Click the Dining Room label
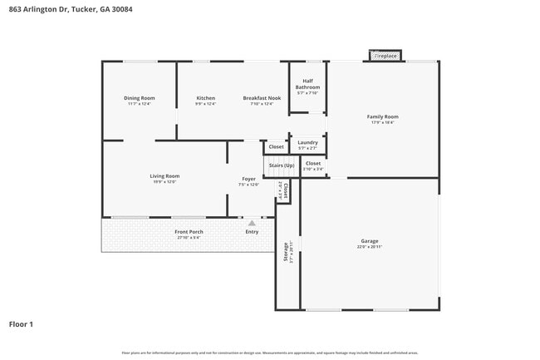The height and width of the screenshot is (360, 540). pyautogui.click(x=140, y=98)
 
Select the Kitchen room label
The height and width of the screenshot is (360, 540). pyautogui.click(x=205, y=98)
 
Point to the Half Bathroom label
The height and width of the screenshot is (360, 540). pyautogui.click(x=307, y=84)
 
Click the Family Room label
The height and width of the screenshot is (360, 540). pyautogui.click(x=383, y=116)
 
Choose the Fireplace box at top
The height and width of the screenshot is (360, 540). pyautogui.click(x=385, y=56)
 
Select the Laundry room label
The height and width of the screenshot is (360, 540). pyautogui.click(x=307, y=142)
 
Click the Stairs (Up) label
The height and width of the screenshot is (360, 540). pyautogui.click(x=280, y=165)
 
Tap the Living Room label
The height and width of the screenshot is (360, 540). pyautogui.click(x=164, y=176)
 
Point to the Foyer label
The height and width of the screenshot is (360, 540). pyautogui.click(x=248, y=179)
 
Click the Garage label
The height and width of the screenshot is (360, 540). pyautogui.click(x=370, y=242)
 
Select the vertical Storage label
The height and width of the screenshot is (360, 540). pyautogui.click(x=287, y=251)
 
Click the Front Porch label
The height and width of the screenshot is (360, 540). pyautogui.click(x=189, y=232)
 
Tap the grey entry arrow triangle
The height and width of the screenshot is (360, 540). pyautogui.click(x=252, y=223)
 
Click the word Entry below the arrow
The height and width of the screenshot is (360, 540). pyautogui.click(x=252, y=232)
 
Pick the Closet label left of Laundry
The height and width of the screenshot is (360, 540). pyautogui.click(x=276, y=147)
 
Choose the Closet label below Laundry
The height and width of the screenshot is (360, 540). pyautogui.click(x=312, y=164)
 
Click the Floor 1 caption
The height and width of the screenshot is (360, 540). pyautogui.click(x=21, y=323)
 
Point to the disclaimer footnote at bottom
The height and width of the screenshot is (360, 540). pyautogui.click(x=270, y=353)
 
